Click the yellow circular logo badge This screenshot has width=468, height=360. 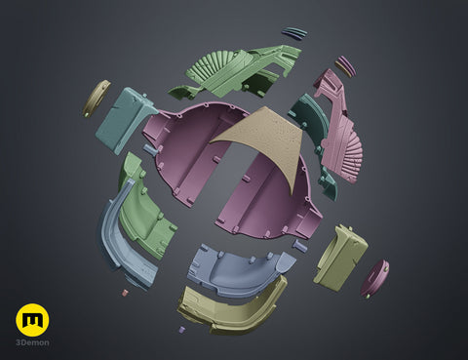pyautogui.click(x=32, y=320)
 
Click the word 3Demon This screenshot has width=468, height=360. pyautogui.click(x=33, y=342)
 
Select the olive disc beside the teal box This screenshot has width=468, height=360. pyautogui.click(x=97, y=99)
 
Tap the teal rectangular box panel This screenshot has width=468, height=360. pyautogui.click(x=124, y=120)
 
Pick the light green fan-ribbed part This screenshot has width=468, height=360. pyautogui.click(x=234, y=72)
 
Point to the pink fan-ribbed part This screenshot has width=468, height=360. pyautogui.click(x=338, y=127)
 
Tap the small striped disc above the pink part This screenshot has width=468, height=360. pyautogui.click(x=345, y=66)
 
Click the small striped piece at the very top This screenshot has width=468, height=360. pyautogui.click(x=295, y=33)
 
